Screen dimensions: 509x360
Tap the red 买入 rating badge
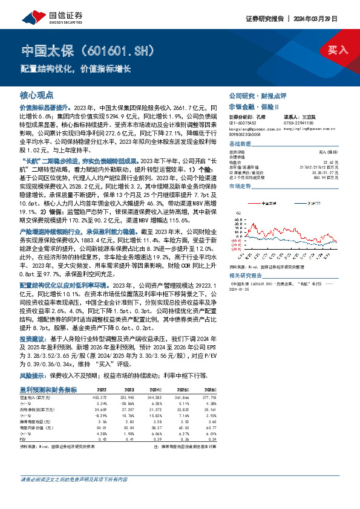[x=338, y=50]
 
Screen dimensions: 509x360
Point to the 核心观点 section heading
[x=37, y=96]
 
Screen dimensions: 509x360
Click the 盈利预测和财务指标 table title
[x=49, y=372]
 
